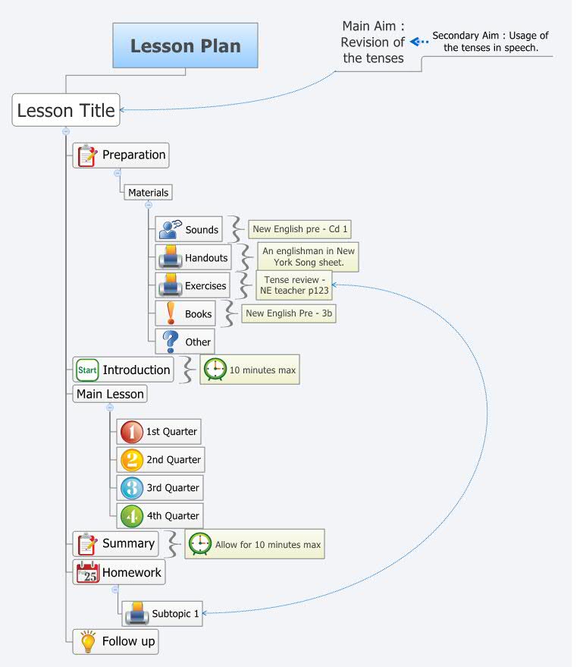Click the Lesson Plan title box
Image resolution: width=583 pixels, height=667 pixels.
tap(185, 46)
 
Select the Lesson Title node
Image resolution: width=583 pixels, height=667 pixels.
tap(66, 111)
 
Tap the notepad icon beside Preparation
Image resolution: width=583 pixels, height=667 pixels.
tap(87, 155)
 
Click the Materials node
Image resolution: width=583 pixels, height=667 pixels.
tap(148, 193)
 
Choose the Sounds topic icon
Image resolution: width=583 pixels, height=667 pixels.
tap(170, 229)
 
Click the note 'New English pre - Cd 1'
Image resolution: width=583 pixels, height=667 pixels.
tap(299, 229)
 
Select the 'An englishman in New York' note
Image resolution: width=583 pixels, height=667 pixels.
tap(309, 256)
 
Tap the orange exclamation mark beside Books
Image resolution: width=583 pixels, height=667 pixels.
tap(170, 313)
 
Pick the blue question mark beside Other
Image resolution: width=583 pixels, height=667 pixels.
tap(170, 341)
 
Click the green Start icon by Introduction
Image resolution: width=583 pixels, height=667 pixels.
tap(87, 370)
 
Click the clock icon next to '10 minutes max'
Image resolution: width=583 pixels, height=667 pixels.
tap(215, 370)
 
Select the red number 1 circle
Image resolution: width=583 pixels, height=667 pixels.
tap(131, 432)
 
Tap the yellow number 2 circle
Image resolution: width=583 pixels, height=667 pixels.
tap(131, 460)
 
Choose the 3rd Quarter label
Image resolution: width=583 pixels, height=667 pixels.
tap(173, 488)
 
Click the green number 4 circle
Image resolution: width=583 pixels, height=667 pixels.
tap(131, 516)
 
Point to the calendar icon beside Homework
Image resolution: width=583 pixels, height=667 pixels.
tap(87, 573)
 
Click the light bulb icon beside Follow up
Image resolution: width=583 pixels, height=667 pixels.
tap(87, 641)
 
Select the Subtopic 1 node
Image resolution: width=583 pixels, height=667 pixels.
tap(175, 613)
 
